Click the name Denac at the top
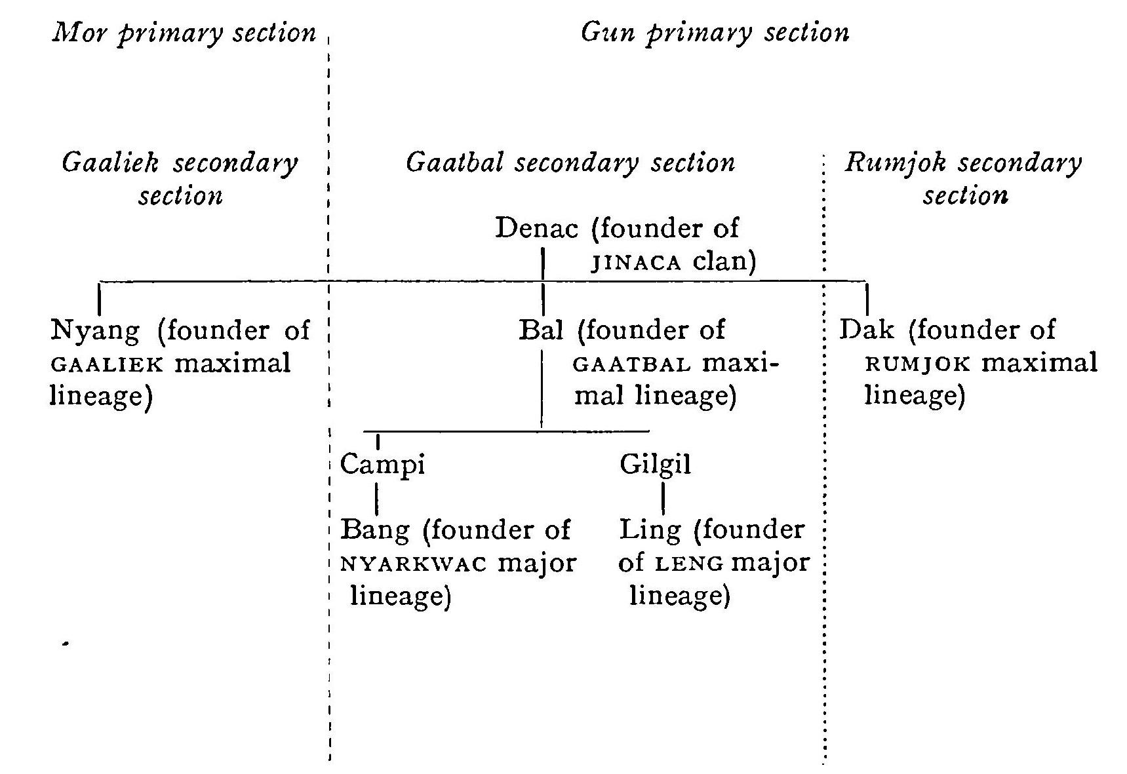tap(536, 229)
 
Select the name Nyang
tap(95, 330)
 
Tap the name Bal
tap(541, 330)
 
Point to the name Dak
tap(867, 330)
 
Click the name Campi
tap(382, 465)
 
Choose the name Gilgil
tap(655, 465)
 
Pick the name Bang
tap(374, 530)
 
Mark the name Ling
tap(650, 530)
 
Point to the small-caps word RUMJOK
tap(917, 364)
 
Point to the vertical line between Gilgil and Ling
tap(663, 499)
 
